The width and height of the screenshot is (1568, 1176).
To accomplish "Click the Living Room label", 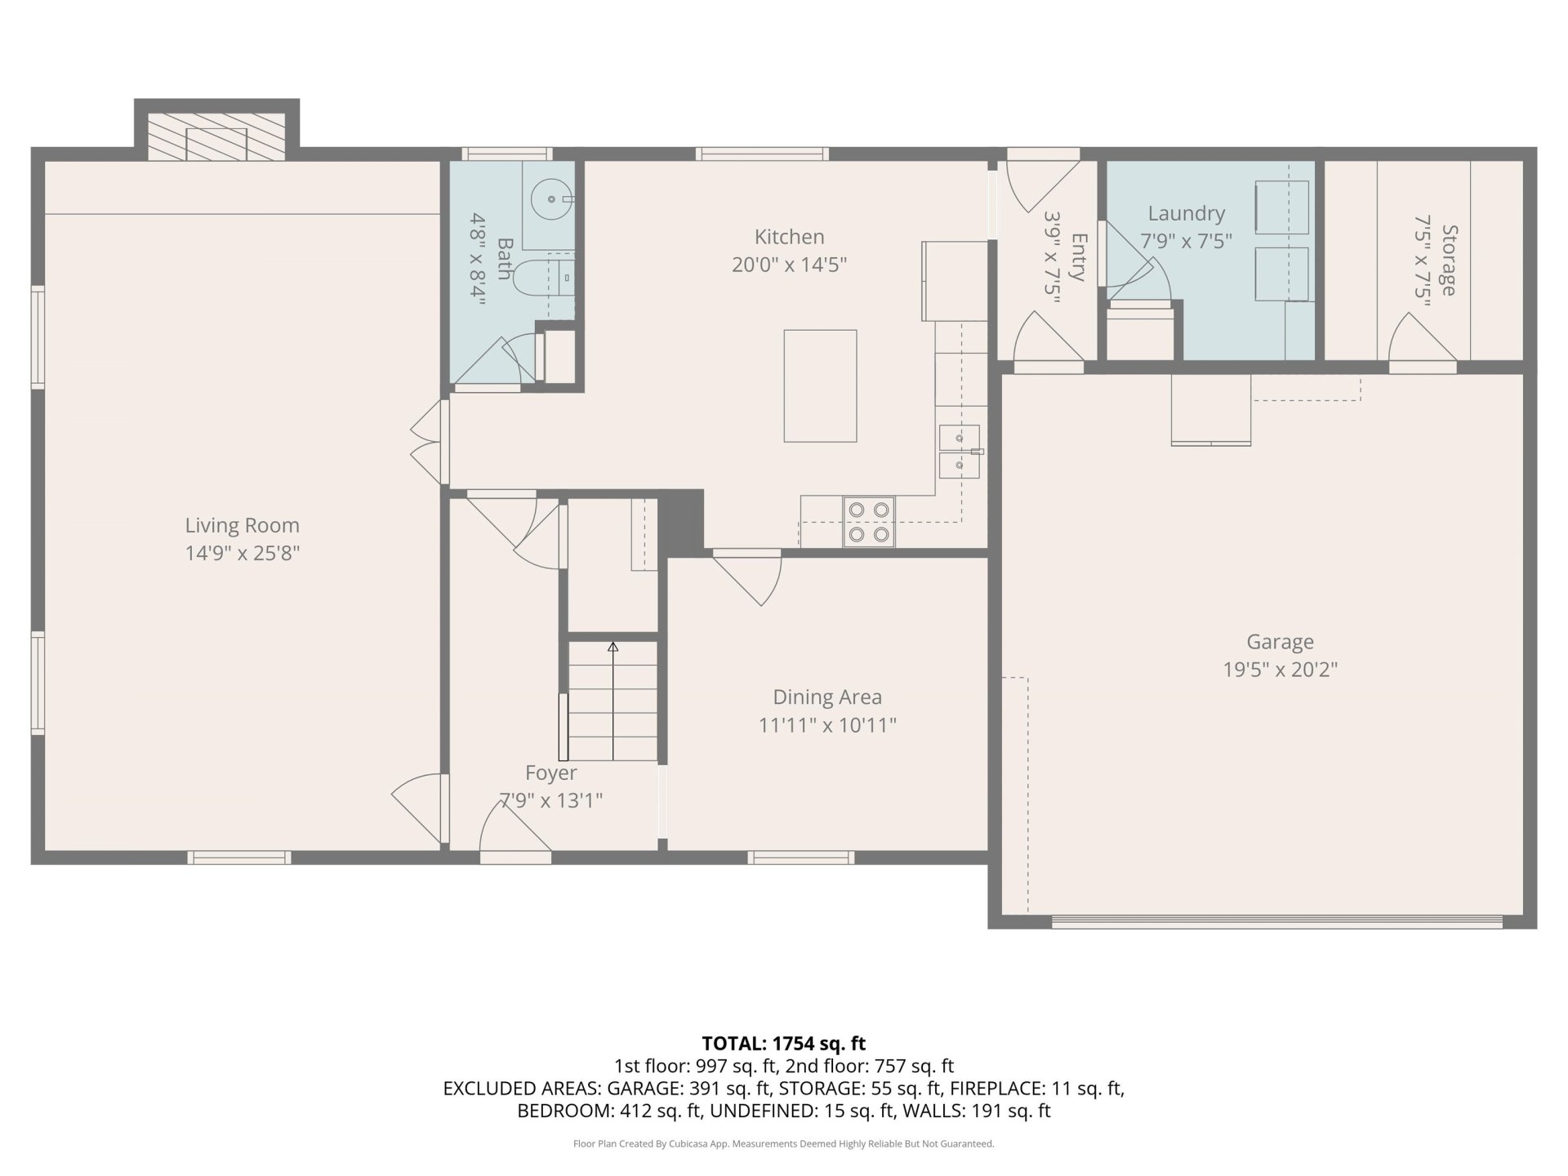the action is click(x=242, y=525).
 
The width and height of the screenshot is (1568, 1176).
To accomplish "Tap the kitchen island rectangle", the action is click(x=820, y=385).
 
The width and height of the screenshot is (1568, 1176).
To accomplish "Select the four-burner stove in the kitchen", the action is click(x=869, y=522).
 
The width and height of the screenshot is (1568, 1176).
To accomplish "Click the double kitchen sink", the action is click(x=960, y=452).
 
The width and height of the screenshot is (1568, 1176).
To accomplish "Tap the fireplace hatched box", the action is click(x=216, y=136).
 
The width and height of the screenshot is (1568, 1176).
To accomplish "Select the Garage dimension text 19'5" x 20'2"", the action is click(x=1280, y=670).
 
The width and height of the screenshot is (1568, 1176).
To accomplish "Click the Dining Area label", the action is click(x=827, y=697).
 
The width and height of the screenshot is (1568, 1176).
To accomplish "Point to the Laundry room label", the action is click(x=1186, y=213).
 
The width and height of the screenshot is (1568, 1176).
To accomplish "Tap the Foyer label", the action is click(x=550, y=773).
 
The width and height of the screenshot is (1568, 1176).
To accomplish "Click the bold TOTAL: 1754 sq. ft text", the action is click(x=784, y=1043).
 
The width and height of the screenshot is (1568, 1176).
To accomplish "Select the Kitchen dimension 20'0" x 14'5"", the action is click(x=789, y=265).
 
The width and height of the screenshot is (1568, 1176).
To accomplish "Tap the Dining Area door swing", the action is click(x=749, y=580).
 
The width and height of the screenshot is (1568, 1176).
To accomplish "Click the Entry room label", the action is click(x=1078, y=257).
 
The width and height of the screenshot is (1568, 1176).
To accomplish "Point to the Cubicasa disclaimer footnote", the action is click(x=784, y=1144).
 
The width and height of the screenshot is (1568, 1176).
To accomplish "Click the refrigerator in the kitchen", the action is click(x=955, y=280).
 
